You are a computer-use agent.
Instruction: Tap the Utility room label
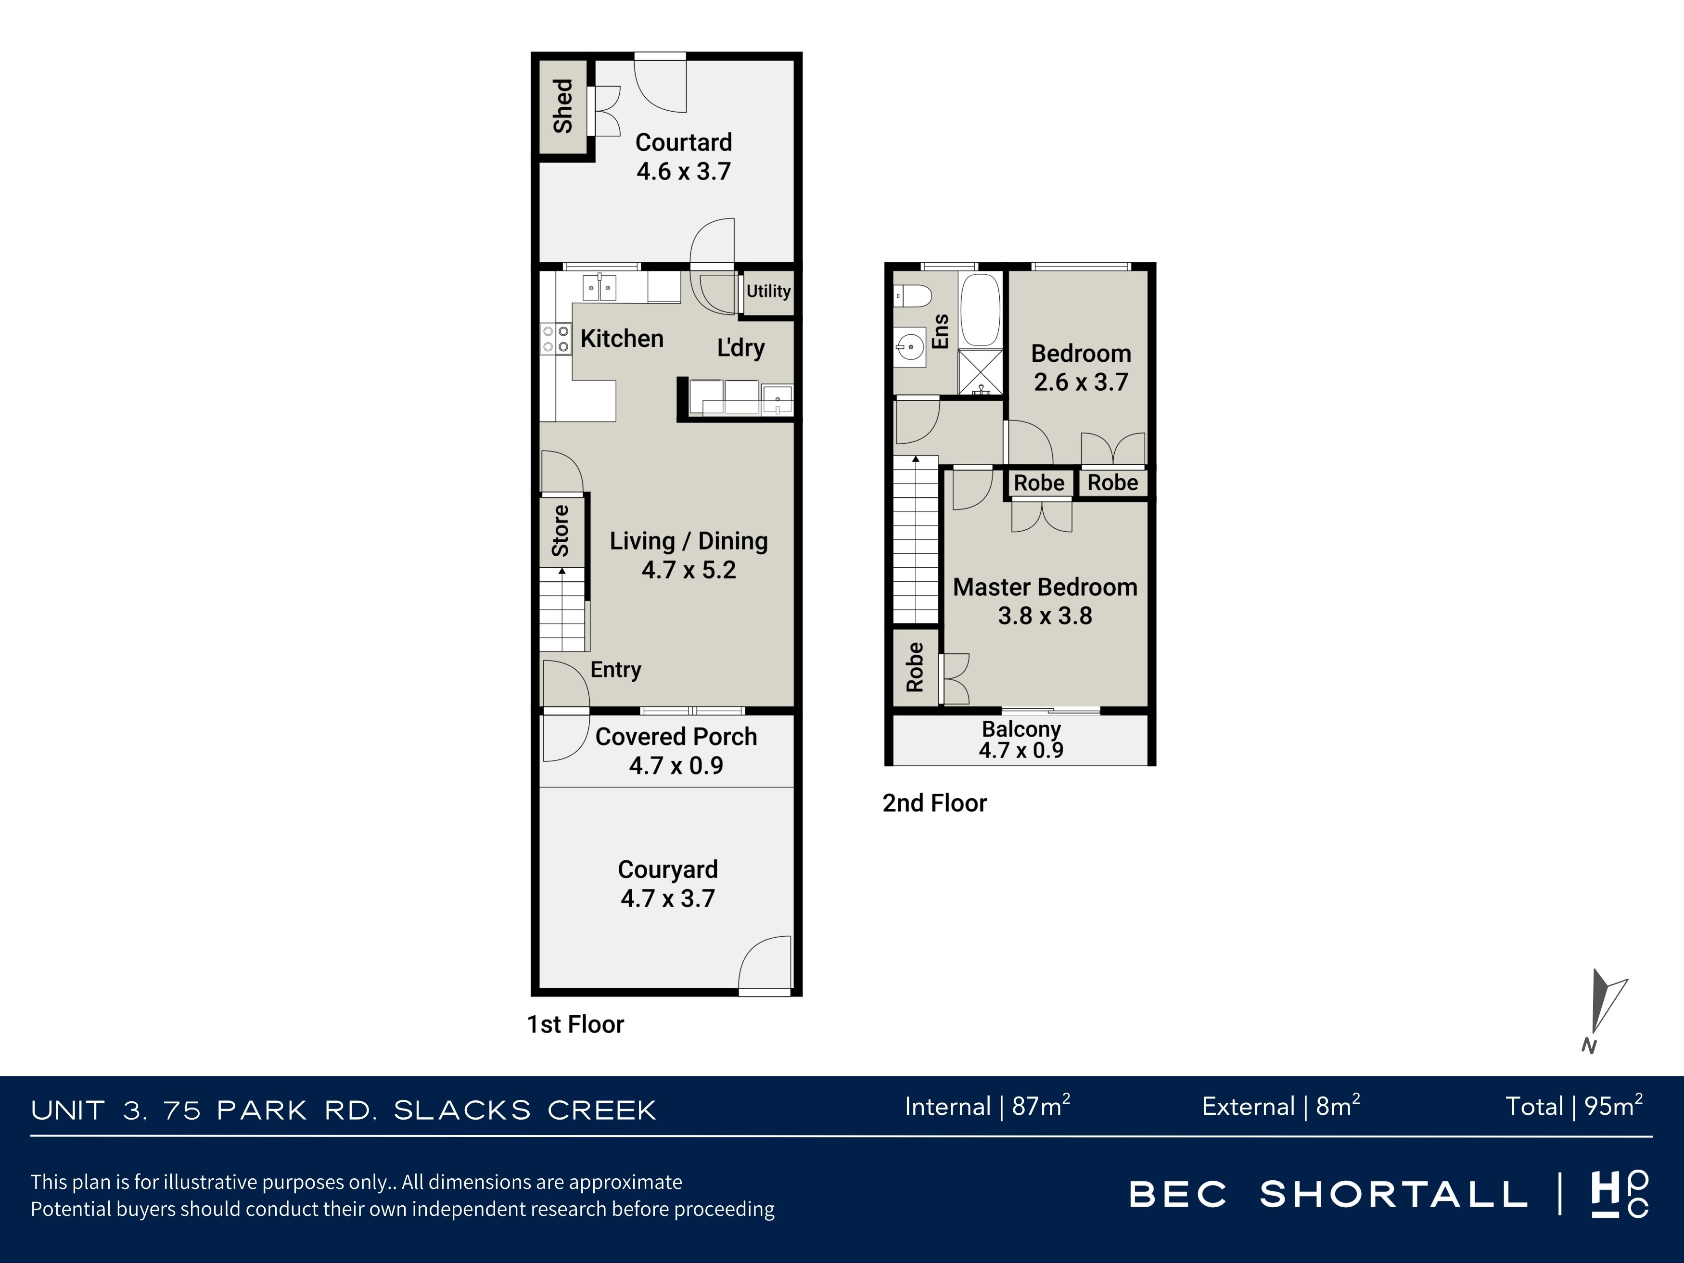[768, 291]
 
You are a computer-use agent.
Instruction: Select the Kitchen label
[622, 339]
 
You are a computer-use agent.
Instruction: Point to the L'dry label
[741, 348]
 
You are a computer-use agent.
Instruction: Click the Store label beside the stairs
[561, 531]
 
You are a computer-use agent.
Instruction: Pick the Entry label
[616, 670]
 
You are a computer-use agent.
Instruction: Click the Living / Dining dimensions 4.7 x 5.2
[689, 570]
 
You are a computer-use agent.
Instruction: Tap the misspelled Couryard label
[668, 869]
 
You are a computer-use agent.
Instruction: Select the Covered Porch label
[676, 737]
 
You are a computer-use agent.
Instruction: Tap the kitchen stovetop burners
[556, 339]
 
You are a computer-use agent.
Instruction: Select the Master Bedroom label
[1045, 587]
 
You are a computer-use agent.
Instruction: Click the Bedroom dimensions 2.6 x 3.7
[1081, 382]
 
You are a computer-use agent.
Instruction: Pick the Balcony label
[1021, 729]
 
